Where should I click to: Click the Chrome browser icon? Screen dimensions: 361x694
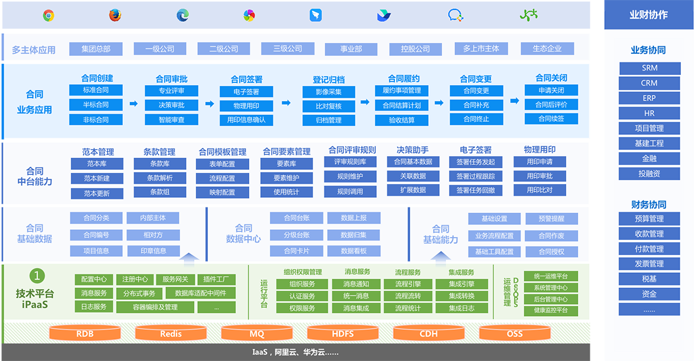click(x=49, y=16)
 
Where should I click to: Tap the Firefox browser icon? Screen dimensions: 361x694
click(x=115, y=16)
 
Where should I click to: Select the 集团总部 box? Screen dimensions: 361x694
click(x=95, y=49)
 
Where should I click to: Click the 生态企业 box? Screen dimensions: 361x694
click(x=547, y=49)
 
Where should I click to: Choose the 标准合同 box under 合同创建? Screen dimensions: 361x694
click(x=95, y=90)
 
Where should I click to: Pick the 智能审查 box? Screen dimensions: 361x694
click(x=172, y=119)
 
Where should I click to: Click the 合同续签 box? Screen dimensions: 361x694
click(x=551, y=118)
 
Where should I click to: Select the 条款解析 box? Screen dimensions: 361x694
click(x=160, y=178)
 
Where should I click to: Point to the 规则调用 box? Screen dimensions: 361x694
click(x=350, y=191)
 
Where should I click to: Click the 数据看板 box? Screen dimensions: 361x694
click(x=354, y=250)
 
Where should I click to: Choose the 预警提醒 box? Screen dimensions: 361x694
click(x=551, y=219)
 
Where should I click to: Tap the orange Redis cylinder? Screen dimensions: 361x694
click(x=170, y=334)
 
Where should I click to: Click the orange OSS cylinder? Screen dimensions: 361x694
click(x=514, y=334)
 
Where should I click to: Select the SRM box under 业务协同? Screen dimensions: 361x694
click(x=649, y=68)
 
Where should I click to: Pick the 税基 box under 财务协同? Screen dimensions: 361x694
click(x=649, y=279)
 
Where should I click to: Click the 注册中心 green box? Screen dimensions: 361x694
click(x=135, y=279)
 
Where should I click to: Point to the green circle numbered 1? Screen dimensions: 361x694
click(x=37, y=275)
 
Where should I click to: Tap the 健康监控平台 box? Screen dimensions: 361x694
click(x=550, y=310)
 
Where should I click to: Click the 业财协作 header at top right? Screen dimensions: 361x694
click(x=648, y=15)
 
